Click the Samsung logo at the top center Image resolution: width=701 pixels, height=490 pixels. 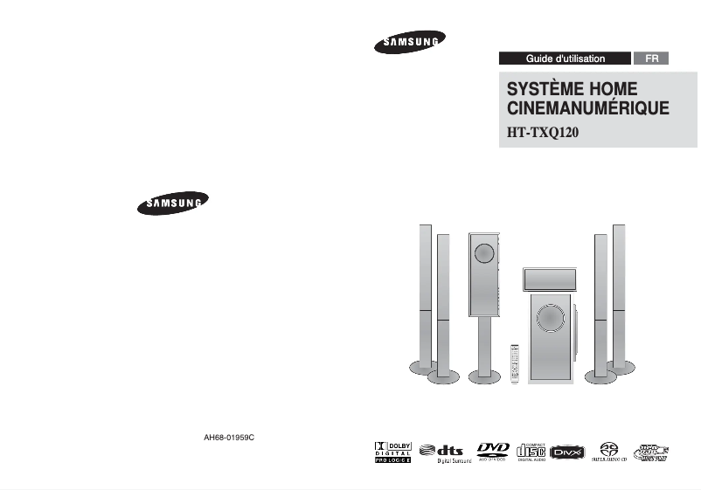411,43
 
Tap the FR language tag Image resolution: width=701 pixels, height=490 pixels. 651,59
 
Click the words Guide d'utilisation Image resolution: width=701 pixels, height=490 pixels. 565,59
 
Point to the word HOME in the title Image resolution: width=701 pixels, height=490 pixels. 614,90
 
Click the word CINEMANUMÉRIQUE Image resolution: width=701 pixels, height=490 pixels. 587,110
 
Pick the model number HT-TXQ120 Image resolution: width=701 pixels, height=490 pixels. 544,134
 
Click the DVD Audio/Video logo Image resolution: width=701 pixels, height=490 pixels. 494,451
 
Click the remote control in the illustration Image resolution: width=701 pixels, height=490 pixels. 514,362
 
